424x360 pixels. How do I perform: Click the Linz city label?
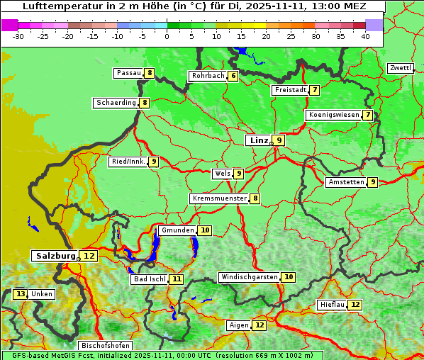coord(258,140)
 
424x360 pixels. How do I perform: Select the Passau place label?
coord(129,73)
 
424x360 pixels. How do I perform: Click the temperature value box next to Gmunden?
coord(205,230)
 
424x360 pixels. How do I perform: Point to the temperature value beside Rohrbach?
coord(233,76)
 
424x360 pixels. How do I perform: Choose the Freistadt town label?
coord(289,90)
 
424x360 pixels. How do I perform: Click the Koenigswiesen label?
coord(333,115)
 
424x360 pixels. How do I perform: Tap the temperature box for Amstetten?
coord(373,182)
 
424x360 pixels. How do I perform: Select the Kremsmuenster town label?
coord(219,198)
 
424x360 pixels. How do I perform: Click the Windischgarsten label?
coord(249,277)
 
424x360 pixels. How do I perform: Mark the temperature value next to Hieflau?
coord(355,305)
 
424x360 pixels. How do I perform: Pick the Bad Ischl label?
coord(149,279)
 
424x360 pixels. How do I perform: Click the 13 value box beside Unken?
coord(21,294)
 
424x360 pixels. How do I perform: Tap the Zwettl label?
coord(400,68)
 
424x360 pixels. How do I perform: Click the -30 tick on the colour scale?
coord(19,36)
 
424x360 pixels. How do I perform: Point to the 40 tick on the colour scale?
coord(365,36)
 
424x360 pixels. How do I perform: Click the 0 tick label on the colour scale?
coord(167,36)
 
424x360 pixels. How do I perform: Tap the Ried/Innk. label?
coord(128,162)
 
